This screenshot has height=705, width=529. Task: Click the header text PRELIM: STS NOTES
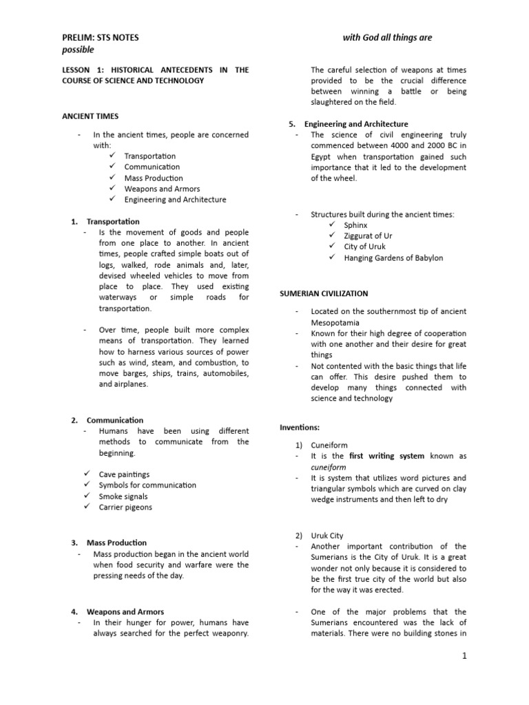click(100, 38)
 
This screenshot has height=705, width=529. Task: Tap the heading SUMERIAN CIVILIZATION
click(324, 293)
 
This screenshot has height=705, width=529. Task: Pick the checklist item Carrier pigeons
click(125, 507)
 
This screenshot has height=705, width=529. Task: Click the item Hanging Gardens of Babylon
click(393, 257)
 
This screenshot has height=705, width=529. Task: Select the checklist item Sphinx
click(355, 224)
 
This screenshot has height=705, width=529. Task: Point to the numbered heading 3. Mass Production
click(109, 543)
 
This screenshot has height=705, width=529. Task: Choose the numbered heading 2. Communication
click(107, 420)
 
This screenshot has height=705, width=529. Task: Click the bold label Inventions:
click(300, 427)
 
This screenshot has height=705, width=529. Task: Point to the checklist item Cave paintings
click(124, 474)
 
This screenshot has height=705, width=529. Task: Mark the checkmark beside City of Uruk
click(333, 246)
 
